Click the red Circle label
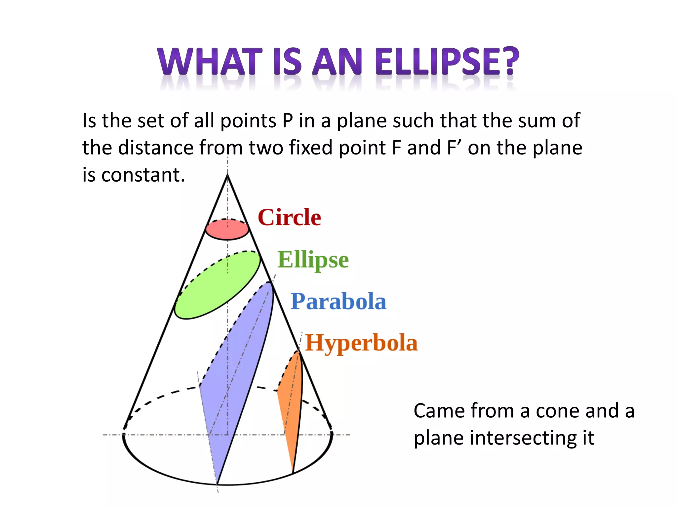pyautogui.click(x=289, y=217)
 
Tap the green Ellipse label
pyautogui.click(x=313, y=260)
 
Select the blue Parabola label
pyautogui.click(x=338, y=301)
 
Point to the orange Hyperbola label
pyautogui.click(x=361, y=343)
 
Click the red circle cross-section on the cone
pyautogui.click(x=227, y=230)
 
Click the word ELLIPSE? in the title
pyautogui.click(x=447, y=62)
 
